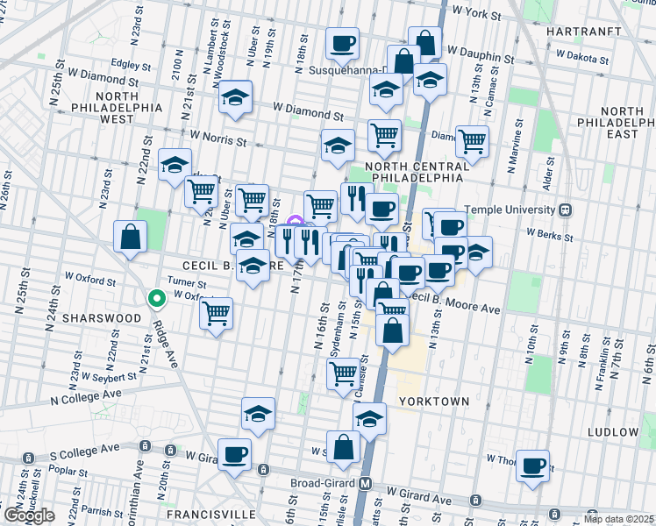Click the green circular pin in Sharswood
click(156, 300)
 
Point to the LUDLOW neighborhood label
click(613, 432)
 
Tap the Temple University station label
click(517, 210)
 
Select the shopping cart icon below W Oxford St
click(216, 313)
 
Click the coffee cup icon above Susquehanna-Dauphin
click(342, 42)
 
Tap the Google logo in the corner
click(29, 515)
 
